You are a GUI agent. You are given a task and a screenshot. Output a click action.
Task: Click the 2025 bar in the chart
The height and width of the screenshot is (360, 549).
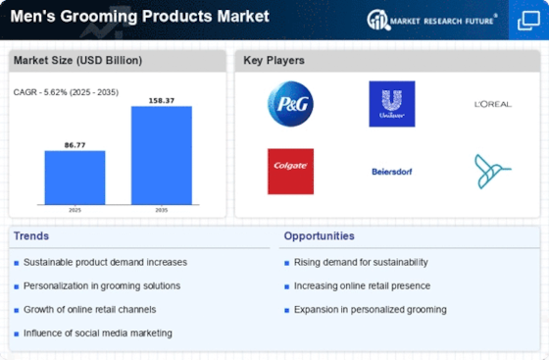click(x=75, y=178)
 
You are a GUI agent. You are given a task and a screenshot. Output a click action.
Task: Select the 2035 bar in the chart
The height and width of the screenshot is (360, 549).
click(x=162, y=156)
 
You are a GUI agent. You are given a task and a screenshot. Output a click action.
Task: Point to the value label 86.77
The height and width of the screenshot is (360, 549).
click(x=75, y=145)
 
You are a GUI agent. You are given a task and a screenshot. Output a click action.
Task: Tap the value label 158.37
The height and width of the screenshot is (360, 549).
click(x=162, y=100)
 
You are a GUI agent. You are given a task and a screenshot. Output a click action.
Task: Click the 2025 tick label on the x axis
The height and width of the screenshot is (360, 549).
click(x=75, y=210)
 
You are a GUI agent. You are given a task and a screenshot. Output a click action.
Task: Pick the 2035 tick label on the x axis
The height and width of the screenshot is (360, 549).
click(x=162, y=210)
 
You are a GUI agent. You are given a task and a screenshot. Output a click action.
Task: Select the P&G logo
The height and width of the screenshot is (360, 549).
click(x=290, y=104)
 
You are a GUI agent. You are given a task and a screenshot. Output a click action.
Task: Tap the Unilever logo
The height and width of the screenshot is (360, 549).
click(x=392, y=104)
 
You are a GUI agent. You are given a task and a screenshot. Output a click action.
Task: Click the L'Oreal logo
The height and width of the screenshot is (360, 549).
click(x=493, y=104)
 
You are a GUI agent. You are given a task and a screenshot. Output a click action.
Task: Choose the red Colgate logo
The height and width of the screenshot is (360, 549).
click(x=290, y=172)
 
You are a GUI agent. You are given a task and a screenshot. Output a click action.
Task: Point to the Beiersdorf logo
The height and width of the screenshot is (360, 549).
click(x=392, y=172)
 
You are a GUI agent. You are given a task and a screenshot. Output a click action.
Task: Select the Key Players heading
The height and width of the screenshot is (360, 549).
click(x=274, y=61)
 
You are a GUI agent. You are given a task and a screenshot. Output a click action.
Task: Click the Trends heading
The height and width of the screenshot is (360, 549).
click(x=31, y=236)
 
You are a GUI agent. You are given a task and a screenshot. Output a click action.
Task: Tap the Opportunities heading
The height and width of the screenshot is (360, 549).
click(x=319, y=236)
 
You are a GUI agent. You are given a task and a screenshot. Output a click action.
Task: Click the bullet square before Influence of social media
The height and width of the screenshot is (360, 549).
click(x=16, y=334)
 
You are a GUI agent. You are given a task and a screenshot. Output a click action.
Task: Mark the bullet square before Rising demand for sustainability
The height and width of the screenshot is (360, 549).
click(x=286, y=263)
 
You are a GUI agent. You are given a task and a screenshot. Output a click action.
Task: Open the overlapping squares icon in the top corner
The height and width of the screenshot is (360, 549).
click(x=528, y=21)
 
